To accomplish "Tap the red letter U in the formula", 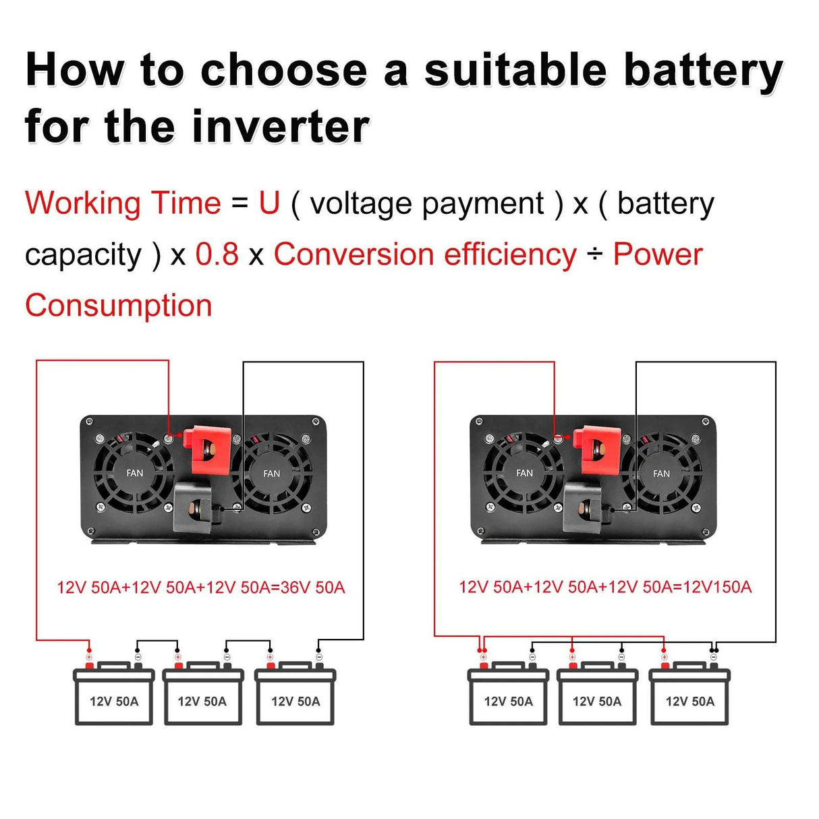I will click(269, 203).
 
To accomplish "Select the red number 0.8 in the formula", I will click(217, 254).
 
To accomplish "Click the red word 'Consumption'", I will click(119, 306).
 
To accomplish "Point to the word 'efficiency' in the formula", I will click(510, 254).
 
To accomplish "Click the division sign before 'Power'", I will click(594, 255).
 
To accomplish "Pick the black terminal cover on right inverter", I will click(586, 505).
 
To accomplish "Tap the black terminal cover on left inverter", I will click(196, 506).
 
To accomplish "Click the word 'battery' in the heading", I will click(703, 71).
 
